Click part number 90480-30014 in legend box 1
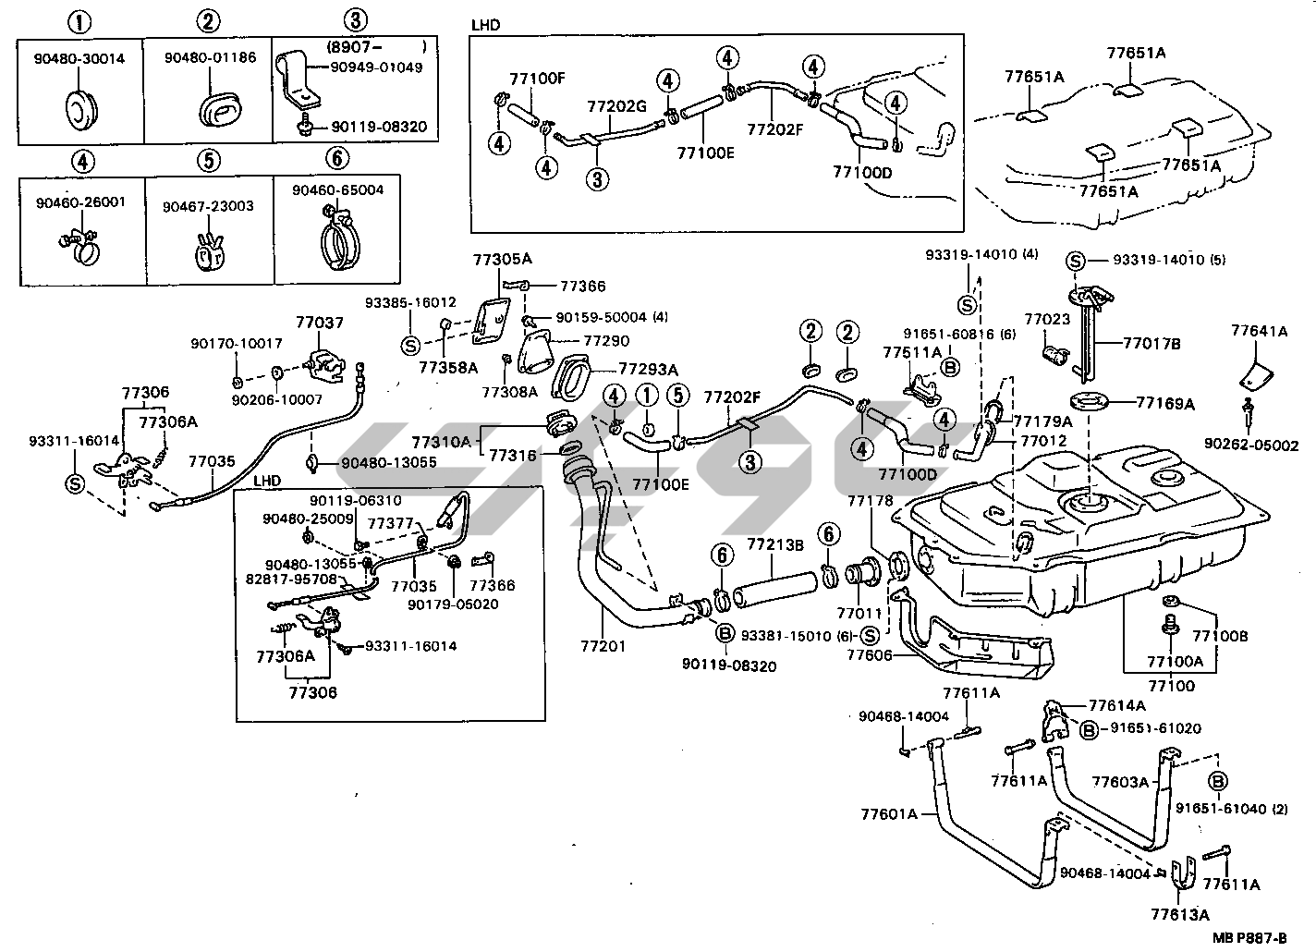[79, 59]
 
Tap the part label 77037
[320, 323]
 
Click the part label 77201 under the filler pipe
[603, 646]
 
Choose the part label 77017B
[1152, 344]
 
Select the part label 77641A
[1259, 331]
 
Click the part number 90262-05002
[1257, 445]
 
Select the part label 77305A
[503, 259]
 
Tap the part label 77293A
[648, 369]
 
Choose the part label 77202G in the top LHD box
[615, 105]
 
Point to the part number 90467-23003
[208, 206]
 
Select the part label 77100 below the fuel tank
[1170, 686]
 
